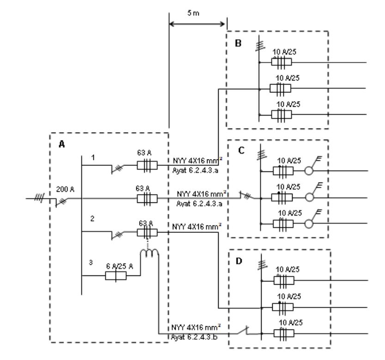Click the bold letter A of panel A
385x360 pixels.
61,144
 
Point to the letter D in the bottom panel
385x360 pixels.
239,262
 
